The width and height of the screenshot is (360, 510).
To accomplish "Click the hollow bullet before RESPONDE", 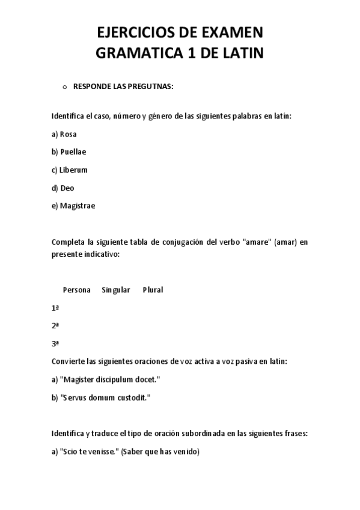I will [x=64, y=87].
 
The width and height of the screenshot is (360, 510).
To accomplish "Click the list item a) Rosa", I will [x=64, y=134].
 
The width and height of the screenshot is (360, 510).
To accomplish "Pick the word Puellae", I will [x=73, y=152].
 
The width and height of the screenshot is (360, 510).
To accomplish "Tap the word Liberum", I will [x=73, y=170].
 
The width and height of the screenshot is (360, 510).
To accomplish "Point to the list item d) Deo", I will [x=63, y=188].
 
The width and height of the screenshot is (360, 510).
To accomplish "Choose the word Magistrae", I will [x=78, y=206].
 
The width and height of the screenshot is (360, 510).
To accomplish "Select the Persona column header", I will [x=76, y=290].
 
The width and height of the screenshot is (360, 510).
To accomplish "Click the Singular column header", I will [x=116, y=290].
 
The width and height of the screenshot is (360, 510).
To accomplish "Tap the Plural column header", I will [x=153, y=290].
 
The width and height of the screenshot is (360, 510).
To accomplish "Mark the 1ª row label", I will [x=55, y=308].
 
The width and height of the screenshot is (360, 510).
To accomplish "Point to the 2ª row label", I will [x=55, y=325].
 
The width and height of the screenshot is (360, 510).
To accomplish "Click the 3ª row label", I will [x=55, y=343].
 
